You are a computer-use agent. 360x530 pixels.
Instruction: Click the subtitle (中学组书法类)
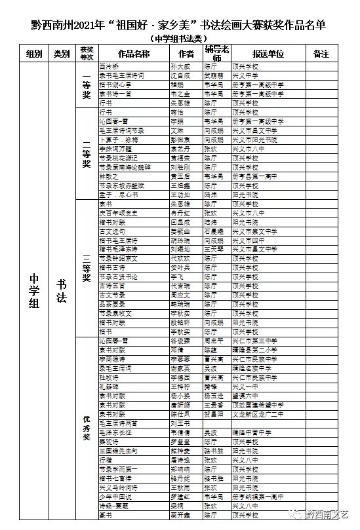(180, 39)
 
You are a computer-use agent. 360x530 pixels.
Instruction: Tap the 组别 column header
(35, 53)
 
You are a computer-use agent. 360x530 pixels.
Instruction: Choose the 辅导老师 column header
(215, 53)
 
